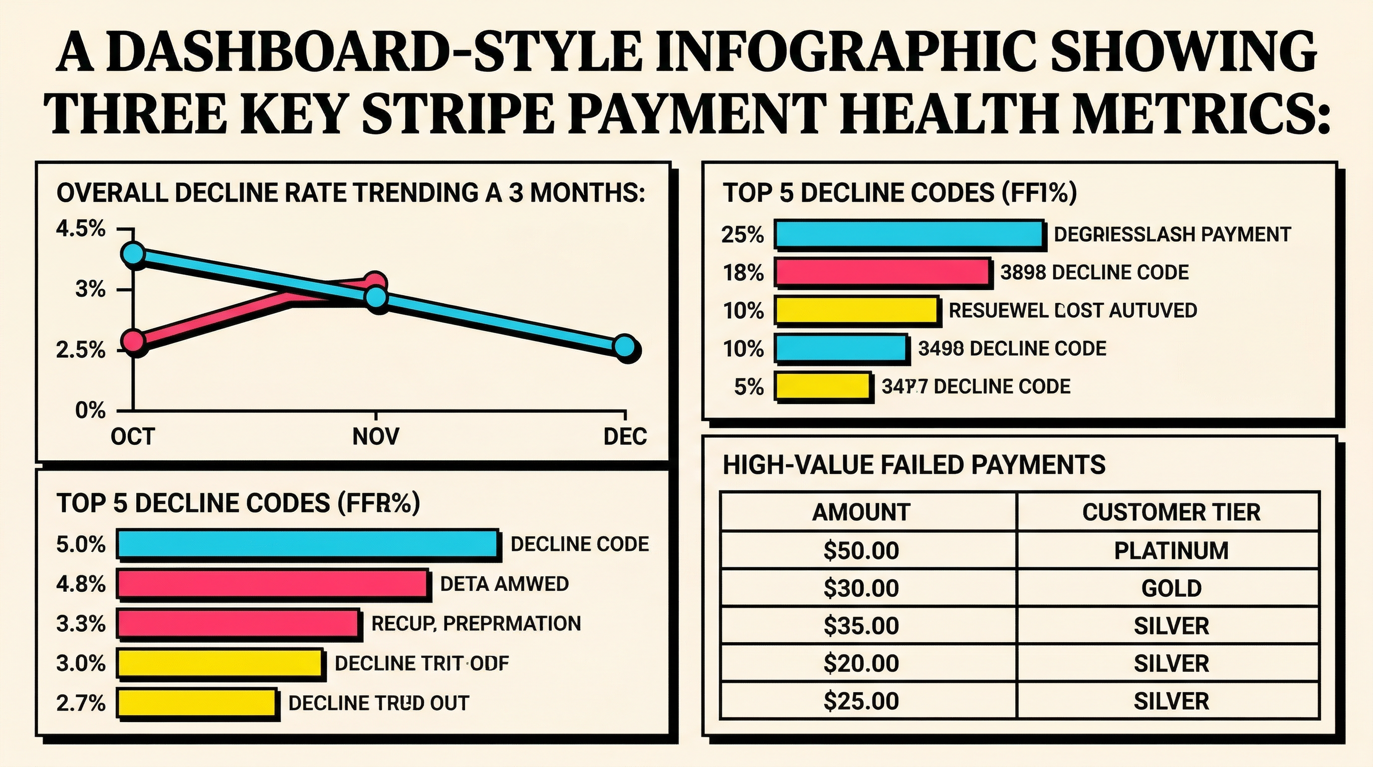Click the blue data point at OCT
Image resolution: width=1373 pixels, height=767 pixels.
tap(133, 253)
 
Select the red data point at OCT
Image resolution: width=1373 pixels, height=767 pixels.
tap(133, 340)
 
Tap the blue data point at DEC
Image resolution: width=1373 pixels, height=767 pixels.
tap(625, 347)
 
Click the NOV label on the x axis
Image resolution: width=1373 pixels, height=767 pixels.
tap(376, 436)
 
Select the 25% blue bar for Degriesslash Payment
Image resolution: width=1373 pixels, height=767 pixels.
tap(908, 234)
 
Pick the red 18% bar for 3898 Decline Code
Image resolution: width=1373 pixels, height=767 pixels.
tap(882, 272)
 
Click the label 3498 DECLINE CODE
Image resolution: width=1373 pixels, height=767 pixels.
tap(1012, 349)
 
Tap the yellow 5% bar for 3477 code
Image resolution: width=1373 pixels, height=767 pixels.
tap(822, 386)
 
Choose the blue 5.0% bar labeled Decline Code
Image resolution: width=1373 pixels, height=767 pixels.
tap(307, 544)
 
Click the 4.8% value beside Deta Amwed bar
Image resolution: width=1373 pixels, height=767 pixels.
tap(81, 584)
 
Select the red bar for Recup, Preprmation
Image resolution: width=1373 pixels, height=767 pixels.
tap(237, 624)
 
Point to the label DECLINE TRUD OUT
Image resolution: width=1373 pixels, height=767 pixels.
tap(379, 703)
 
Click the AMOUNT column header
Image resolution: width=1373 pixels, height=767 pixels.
tap(861, 512)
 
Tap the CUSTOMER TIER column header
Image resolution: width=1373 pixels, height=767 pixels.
tap(1171, 512)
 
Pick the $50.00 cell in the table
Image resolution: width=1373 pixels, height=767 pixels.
tap(861, 550)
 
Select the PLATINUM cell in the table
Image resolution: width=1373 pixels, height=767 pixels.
tap(1171, 550)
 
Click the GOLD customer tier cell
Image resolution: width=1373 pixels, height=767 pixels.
tap(1171, 588)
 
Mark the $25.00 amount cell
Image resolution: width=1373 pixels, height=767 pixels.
tap(861, 701)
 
